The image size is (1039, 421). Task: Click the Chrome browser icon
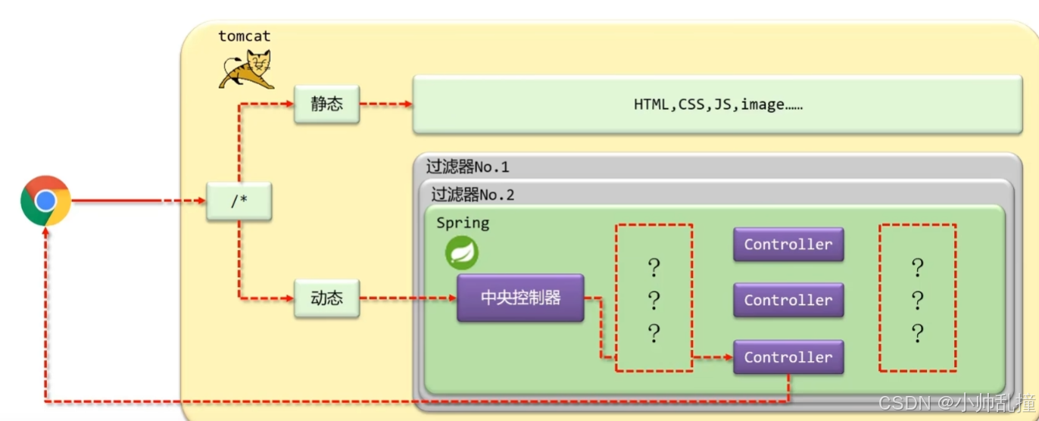pos(45,201)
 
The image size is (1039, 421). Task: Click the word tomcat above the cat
pos(244,36)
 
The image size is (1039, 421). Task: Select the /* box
pos(239,202)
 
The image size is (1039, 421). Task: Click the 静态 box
pos(326,104)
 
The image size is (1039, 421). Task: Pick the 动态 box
pos(326,298)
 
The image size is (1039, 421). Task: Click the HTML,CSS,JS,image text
pos(718,104)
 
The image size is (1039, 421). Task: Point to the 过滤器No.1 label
pos(467,167)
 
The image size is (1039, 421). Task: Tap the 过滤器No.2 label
pos(473,195)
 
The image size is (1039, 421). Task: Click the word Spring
pos(463,223)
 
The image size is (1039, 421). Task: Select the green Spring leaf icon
pos(461,253)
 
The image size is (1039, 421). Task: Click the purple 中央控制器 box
pos(520,298)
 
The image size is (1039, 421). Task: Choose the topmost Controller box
pos(788,244)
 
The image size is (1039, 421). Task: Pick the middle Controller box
pos(788,300)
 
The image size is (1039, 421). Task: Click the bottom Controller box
pos(788,357)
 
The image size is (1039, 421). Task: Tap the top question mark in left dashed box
pos(654,267)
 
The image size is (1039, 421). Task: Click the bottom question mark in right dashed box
pos(917,333)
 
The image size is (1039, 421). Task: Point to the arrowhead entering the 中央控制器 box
pos(452,298)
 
